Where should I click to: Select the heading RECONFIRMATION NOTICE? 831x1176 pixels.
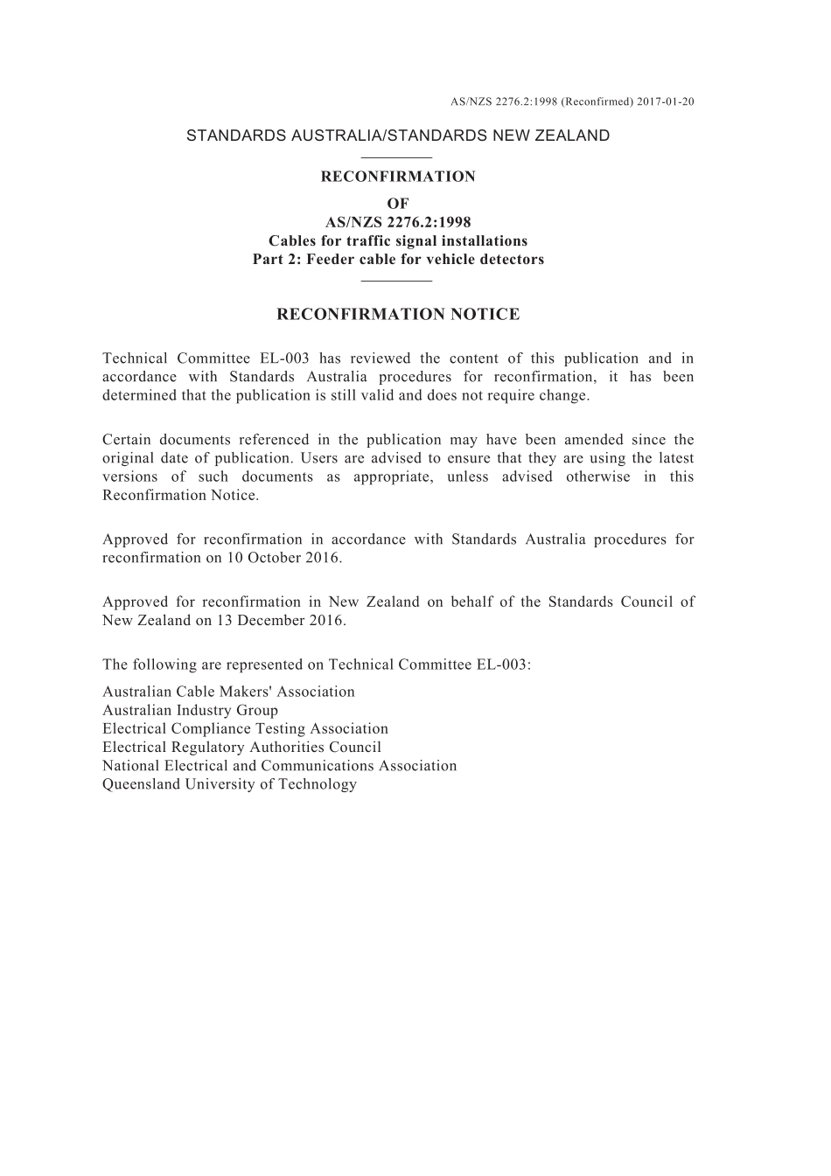pos(398,315)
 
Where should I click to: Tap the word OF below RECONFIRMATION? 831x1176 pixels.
pos(398,204)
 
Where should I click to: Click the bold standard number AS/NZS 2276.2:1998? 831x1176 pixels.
pos(398,222)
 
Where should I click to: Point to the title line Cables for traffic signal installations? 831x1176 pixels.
pos(398,240)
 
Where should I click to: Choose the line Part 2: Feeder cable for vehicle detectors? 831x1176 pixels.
pos(398,259)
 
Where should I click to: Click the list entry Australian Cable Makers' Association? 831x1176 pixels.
pos(228,692)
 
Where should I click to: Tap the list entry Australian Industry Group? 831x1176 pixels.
pos(190,710)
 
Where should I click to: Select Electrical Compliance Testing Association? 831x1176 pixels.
pos(245,728)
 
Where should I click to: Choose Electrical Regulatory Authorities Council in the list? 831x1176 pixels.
pos(241,747)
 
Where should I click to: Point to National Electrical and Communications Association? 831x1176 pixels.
pos(279,765)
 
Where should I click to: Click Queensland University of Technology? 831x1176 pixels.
pos(229,783)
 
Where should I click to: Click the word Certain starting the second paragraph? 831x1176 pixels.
pos(130,440)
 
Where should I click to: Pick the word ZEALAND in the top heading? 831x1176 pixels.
pos(572,136)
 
